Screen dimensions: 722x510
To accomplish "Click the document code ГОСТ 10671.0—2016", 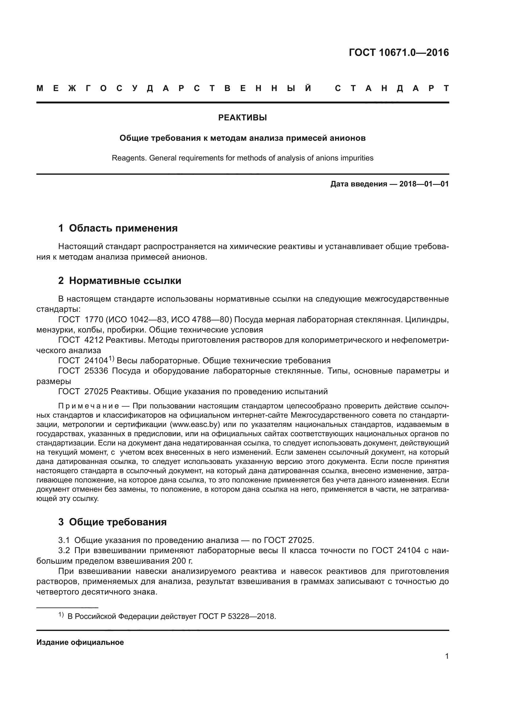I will click(398, 52).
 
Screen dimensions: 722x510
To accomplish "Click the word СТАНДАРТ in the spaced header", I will click(392, 89).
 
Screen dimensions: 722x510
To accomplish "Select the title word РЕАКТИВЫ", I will click(242, 118).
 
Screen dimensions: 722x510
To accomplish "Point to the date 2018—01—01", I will click(424, 184).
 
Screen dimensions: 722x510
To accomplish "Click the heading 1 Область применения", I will click(118, 228).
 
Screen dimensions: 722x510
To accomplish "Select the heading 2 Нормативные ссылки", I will click(120, 281).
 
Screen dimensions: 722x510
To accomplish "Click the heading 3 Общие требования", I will click(113, 522).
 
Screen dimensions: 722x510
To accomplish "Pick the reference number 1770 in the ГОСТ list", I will click(94, 320).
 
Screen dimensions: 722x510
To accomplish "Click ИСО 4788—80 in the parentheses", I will click(201, 320).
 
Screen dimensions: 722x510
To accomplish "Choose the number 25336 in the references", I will click(96, 371).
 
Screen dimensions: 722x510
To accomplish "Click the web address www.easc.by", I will click(194, 425).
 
